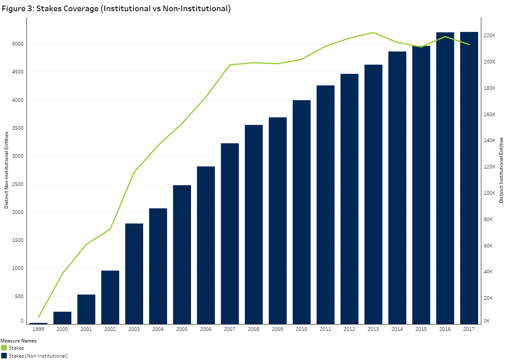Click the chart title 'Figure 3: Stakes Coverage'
pos(116,9)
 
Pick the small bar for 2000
pos(62,318)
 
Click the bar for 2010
pos(301,212)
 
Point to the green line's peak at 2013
pos(373,33)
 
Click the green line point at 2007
pos(230,65)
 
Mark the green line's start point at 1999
pos(39,317)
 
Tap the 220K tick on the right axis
pos(489,36)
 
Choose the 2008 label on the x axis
pos(254,329)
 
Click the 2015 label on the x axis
pos(421,329)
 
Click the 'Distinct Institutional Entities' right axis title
pos(502,170)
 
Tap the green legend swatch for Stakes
pos(4,348)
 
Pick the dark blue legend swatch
pos(4,356)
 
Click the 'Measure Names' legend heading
pos(18,341)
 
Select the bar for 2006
pos(206,245)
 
